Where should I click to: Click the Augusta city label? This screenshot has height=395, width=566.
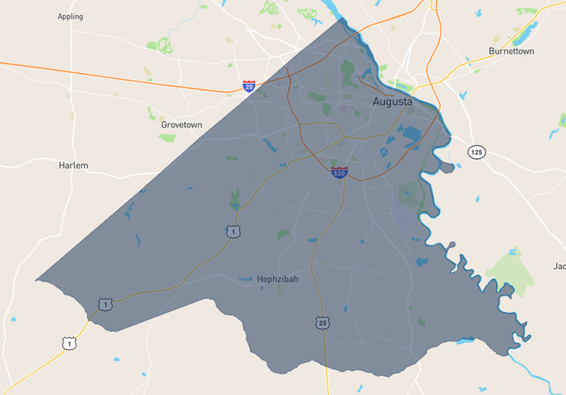click(392, 102)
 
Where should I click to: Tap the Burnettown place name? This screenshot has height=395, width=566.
click(511, 51)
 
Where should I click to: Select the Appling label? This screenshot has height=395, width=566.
click(71, 16)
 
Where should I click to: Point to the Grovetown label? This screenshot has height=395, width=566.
click(181, 124)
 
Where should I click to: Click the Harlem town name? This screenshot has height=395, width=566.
click(73, 165)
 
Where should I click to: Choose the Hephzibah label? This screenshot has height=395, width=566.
click(277, 279)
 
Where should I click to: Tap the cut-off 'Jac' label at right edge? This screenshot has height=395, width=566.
click(559, 267)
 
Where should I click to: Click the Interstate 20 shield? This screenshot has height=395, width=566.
click(248, 86)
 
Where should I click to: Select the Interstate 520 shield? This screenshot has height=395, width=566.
click(339, 173)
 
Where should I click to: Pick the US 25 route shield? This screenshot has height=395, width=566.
click(321, 323)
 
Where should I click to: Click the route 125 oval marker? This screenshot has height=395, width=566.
click(476, 152)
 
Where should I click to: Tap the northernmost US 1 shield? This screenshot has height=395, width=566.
click(234, 232)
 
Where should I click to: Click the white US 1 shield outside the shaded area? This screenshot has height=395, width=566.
click(70, 342)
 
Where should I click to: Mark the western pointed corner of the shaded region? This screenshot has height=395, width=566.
click(36, 281)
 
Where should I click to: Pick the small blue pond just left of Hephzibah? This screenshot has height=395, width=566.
click(245, 280)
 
